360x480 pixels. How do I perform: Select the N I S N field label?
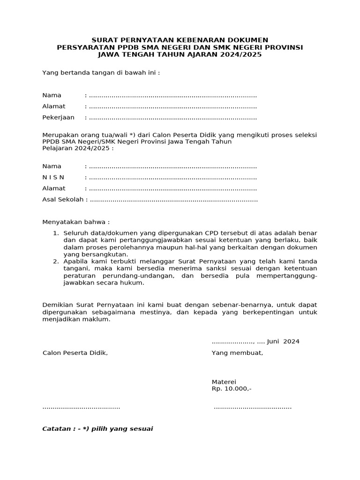tap(53, 178)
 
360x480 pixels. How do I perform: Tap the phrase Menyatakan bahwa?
tap(76, 222)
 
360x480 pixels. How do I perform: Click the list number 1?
tap(55, 233)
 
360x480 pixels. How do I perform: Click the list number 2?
tap(55, 261)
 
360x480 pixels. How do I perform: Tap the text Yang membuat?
tap(237, 353)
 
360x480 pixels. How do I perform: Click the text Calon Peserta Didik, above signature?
tap(75, 353)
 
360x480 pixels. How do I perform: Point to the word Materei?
tap(224, 382)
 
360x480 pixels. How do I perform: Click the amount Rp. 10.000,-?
tap(232, 389)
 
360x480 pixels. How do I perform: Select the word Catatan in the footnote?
tap(58, 429)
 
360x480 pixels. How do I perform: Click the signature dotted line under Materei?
tap(253, 407)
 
